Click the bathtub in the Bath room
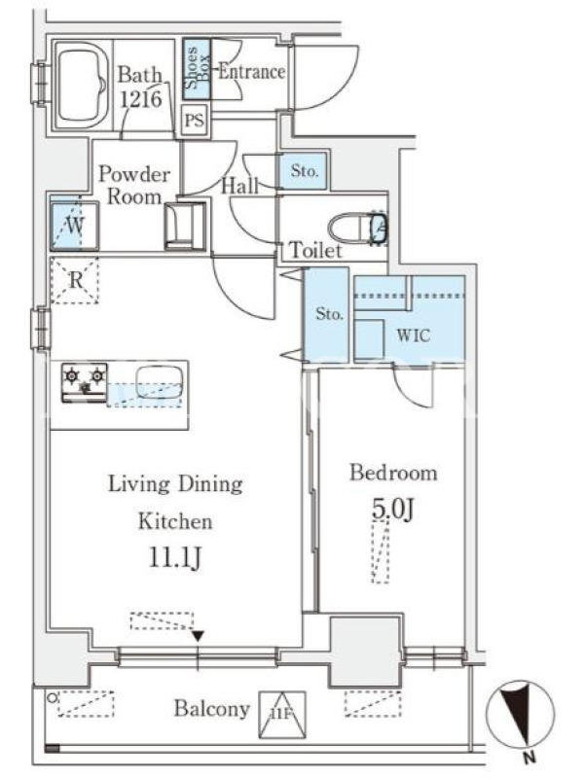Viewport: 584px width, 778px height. tap(82, 87)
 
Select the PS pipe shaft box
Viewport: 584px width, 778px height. tap(194, 120)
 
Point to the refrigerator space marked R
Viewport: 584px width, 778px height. tap(75, 280)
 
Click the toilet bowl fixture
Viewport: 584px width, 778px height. tap(357, 229)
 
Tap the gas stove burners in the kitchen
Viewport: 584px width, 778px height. tap(85, 382)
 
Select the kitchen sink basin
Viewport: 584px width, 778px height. tap(160, 381)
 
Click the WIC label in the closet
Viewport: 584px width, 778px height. tap(413, 336)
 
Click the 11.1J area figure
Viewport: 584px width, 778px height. tap(175, 558)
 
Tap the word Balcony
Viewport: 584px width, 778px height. tap(211, 709)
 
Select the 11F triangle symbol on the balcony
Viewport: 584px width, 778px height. tap(281, 715)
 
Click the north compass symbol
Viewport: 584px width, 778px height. tap(520, 715)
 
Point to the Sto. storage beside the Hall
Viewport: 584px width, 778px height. tap(304, 171)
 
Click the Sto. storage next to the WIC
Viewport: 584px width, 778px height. tap(328, 314)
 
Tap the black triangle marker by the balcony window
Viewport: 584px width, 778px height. tap(199, 636)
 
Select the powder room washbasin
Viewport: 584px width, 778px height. tap(185, 226)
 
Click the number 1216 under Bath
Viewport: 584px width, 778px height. tap(141, 99)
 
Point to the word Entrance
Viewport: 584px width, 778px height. tap(252, 71)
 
